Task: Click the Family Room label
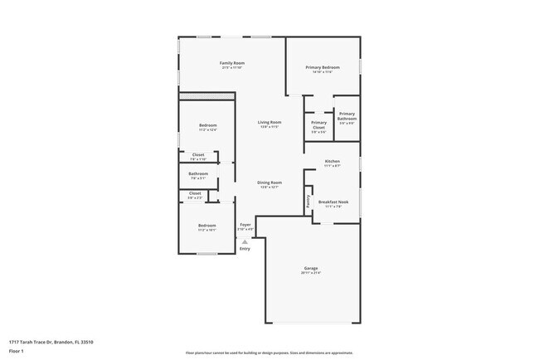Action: pos(231,63)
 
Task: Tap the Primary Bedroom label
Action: pos(323,67)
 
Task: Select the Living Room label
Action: pos(269,122)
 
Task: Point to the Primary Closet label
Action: pos(318,124)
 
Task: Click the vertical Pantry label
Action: pos(308,201)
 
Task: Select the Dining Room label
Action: pos(269,182)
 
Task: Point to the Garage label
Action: pos(311,269)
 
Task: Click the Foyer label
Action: pos(245,225)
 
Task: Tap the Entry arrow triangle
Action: pos(245,242)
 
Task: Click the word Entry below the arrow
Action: pos(245,250)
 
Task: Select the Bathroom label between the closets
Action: pos(198,173)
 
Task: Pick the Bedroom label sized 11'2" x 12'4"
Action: pos(206,125)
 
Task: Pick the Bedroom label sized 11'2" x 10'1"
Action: pos(206,226)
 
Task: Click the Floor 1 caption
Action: pos(17,352)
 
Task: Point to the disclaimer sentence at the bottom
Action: pos(269,353)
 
